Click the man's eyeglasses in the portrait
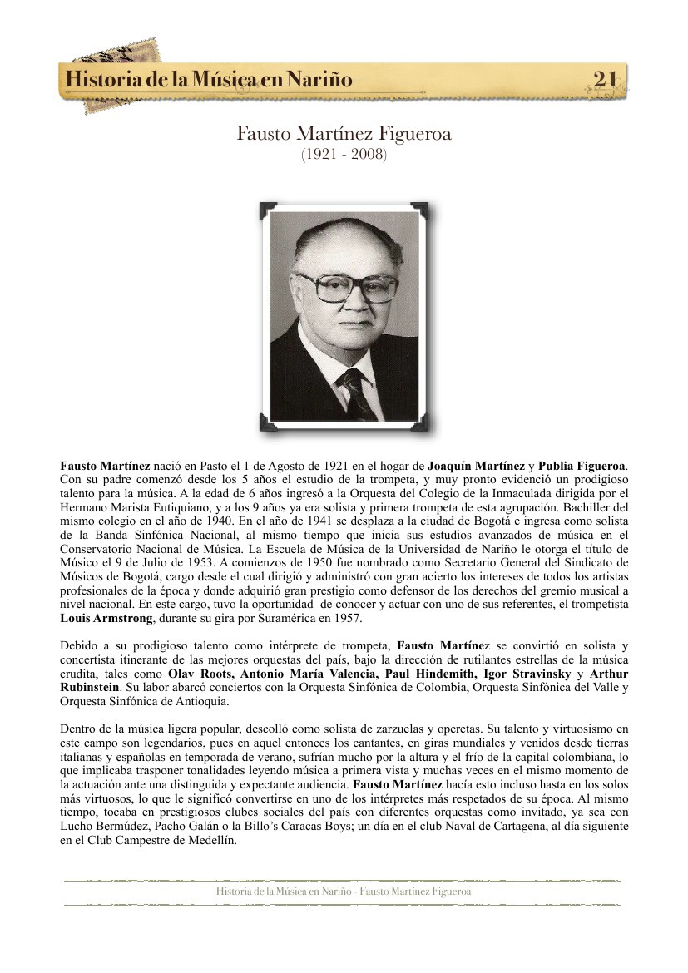tap(348, 287)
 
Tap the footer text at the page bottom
tap(344, 892)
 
